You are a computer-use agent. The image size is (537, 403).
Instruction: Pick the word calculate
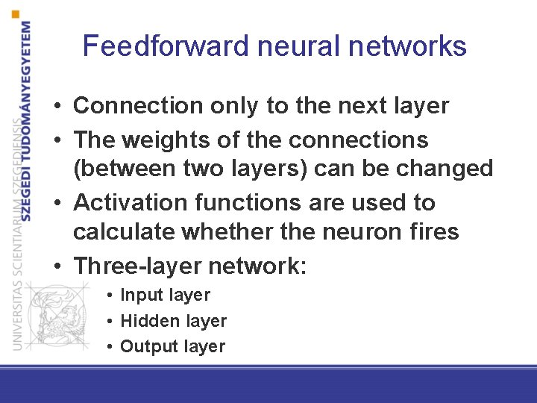pyautogui.click(x=123, y=231)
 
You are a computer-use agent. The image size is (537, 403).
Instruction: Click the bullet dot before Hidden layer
pyautogui.click(x=109, y=322)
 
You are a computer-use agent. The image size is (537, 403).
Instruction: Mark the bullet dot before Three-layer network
pyautogui.click(x=57, y=266)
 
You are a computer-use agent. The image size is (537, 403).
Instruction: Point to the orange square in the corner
pyautogui.click(x=16, y=13)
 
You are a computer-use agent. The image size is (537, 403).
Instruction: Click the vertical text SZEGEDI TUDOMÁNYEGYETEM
pyautogui.click(x=27, y=119)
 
